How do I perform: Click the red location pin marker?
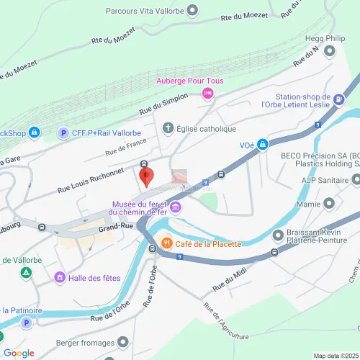(x=145, y=176)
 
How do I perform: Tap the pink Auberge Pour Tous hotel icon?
(x=208, y=93)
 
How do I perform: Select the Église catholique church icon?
(x=169, y=129)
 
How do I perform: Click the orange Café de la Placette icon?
(x=166, y=243)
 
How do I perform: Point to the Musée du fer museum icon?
(x=176, y=208)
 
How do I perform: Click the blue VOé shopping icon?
(x=264, y=145)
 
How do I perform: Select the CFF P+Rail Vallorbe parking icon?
(x=63, y=133)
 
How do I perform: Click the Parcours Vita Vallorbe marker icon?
(x=192, y=10)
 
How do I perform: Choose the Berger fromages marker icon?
(x=124, y=341)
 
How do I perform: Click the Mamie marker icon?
(x=330, y=204)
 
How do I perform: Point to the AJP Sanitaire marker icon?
(x=355, y=179)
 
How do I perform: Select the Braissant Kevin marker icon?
(x=278, y=235)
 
